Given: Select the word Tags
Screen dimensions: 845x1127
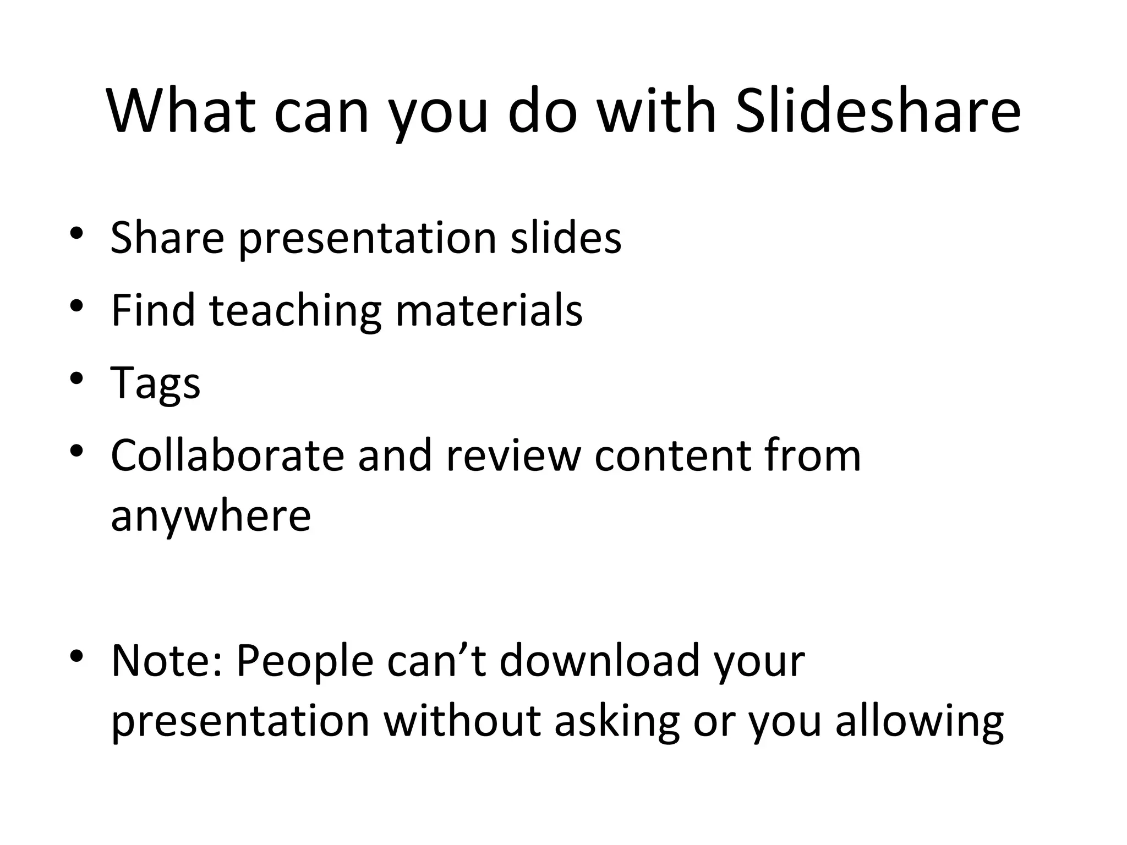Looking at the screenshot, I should (156, 383).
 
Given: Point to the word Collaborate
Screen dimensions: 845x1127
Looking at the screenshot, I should (227, 456).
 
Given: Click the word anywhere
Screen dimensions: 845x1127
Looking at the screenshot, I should (211, 515).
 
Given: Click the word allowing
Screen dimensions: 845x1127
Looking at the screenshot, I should (920, 721).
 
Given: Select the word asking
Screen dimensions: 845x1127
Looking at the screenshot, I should (617, 721).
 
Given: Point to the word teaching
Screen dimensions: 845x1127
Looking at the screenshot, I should (295, 311).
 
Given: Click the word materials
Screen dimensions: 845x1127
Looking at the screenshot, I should (489, 311).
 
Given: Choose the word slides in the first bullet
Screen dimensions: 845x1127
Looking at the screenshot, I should (566, 238).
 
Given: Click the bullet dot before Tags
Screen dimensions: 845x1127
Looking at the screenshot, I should (76, 378).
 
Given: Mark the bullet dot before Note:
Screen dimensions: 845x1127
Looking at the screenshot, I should (76, 655).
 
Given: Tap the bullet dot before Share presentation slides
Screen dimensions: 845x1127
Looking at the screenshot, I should (76, 233).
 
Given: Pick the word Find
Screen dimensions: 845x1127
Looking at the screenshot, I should (153, 311).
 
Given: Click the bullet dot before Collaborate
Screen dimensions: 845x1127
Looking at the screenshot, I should (76, 451).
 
